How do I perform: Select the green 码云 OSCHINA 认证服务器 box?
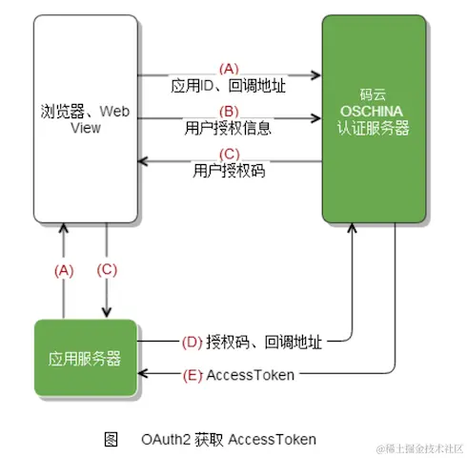click(373, 119)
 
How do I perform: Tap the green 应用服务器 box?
click(85, 359)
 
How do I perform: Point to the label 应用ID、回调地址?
click(229, 86)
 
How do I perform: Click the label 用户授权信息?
click(229, 127)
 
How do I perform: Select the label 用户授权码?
click(229, 171)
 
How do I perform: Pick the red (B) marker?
click(229, 111)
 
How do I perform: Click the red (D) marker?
click(192, 340)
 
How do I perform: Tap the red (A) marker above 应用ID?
click(229, 69)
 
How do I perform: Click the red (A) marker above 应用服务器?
click(63, 270)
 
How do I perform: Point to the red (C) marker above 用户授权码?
click(229, 155)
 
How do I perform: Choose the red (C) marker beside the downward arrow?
click(107, 270)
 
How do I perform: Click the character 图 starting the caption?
click(112, 438)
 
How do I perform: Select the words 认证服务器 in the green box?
click(374, 128)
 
